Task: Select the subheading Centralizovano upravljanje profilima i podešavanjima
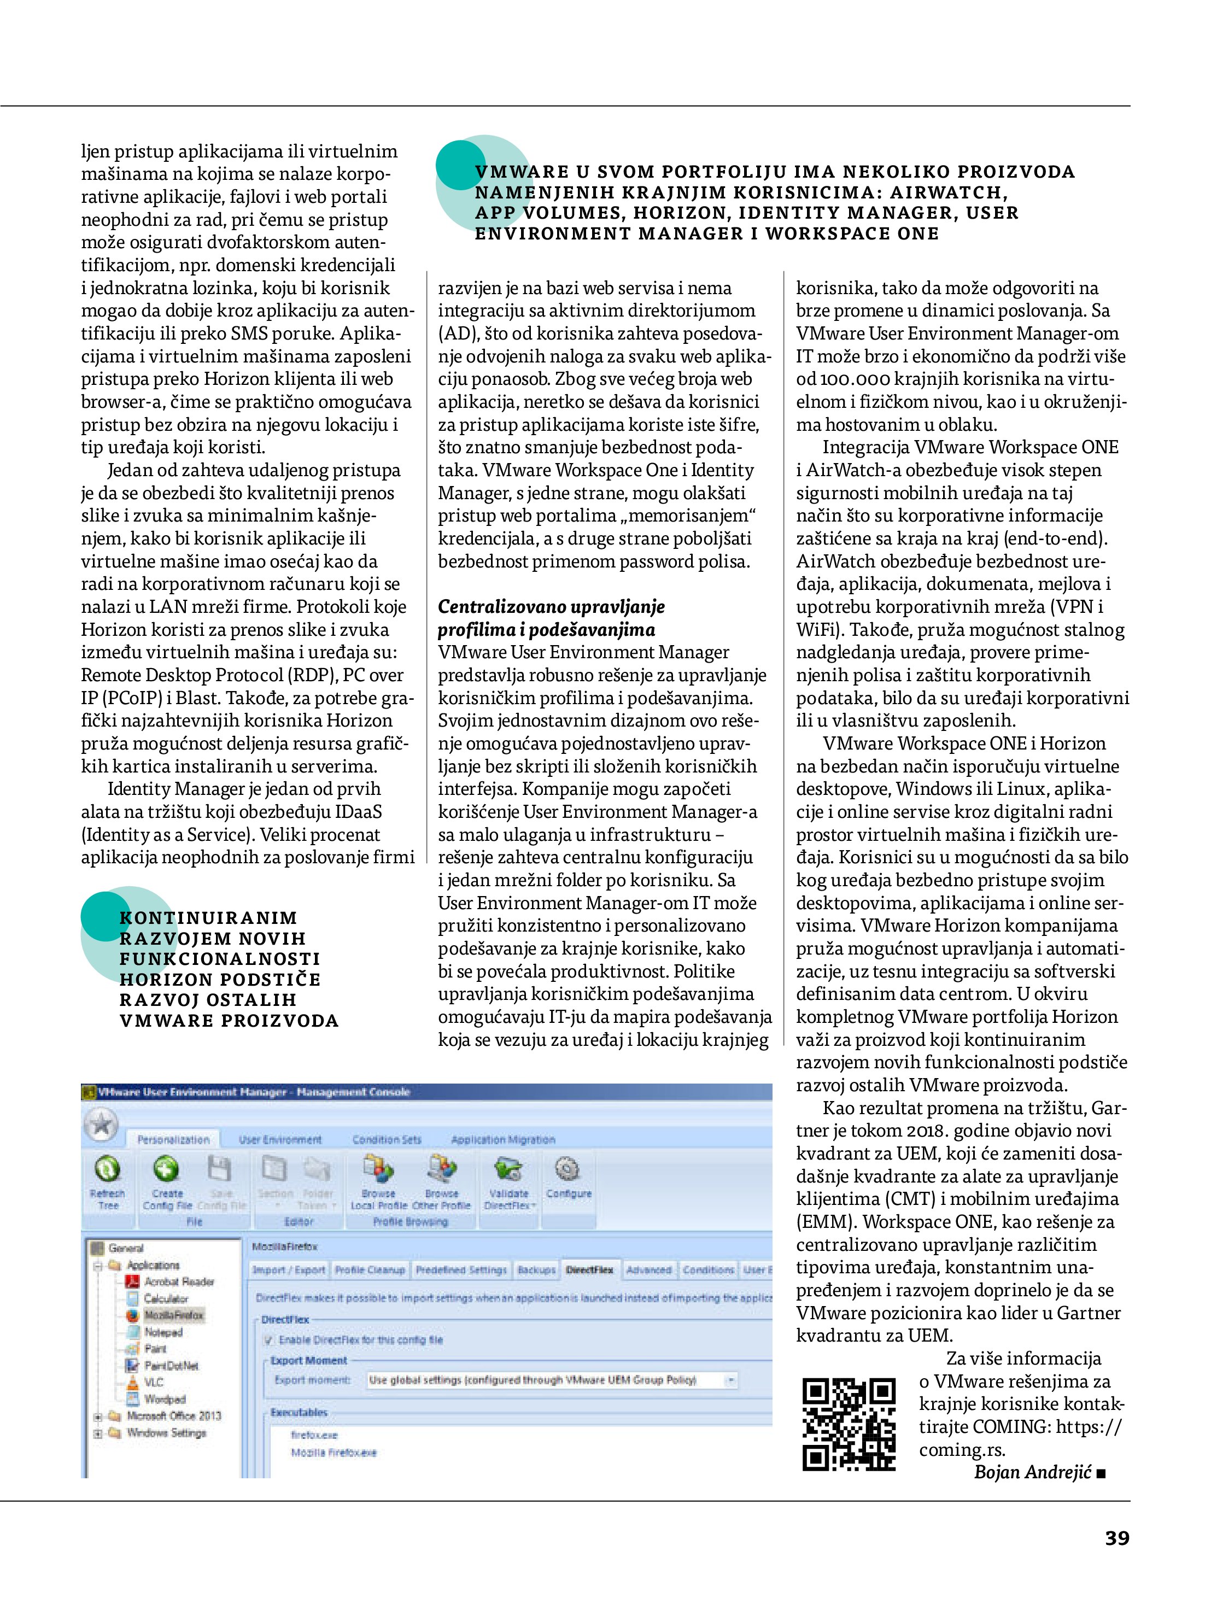tap(551, 618)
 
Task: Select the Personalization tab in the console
tap(173, 1140)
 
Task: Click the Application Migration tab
tap(503, 1140)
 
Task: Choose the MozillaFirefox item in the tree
tap(173, 1315)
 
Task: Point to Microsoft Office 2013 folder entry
tap(173, 1415)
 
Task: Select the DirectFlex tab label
tap(589, 1269)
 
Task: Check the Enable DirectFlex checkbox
tap(269, 1340)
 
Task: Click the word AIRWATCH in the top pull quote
tap(948, 193)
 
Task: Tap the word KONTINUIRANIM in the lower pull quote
tap(208, 918)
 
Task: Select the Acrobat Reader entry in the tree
tap(178, 1281)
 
